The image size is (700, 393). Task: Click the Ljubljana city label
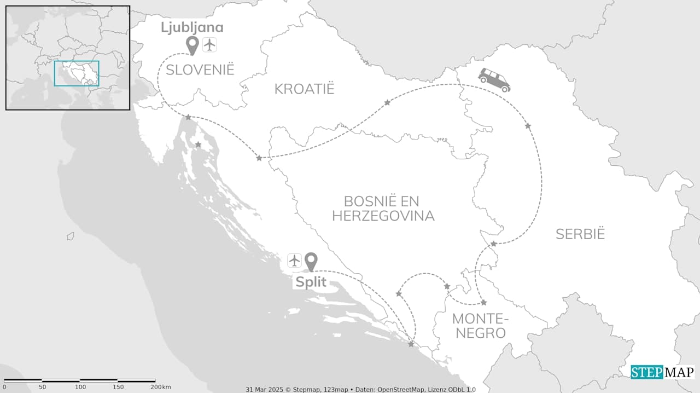[x=192, y=27]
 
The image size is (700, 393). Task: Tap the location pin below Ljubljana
[x=192, y=45]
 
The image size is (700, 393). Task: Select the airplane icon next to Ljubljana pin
[x=209, y=44]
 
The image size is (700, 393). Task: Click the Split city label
[x=311, y=282]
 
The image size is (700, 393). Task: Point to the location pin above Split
[x=311, y=262]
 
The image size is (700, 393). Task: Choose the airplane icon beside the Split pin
[x=294, y=261]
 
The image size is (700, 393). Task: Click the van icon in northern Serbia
[x=494, y=80]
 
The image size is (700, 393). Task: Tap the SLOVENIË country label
[x=200, y=70]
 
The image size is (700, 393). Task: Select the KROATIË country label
[x=304, y=89]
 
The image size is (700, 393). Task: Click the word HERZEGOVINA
[x=383, y=216]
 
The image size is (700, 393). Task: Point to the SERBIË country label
[x=580, y=234]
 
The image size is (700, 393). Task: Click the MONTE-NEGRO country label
[x=480, y=326]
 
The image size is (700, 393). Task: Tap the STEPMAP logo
[x=662, y=372]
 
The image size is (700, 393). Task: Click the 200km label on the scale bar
[x=161, y=387]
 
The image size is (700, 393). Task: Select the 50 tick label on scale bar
[x=42, y=387]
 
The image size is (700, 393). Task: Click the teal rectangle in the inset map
[x=77, y=73]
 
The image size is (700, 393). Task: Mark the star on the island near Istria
[x=198, y=145]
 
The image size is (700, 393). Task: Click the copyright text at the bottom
[x=360, y=389]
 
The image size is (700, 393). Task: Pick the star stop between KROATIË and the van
[x=387, y=103]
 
